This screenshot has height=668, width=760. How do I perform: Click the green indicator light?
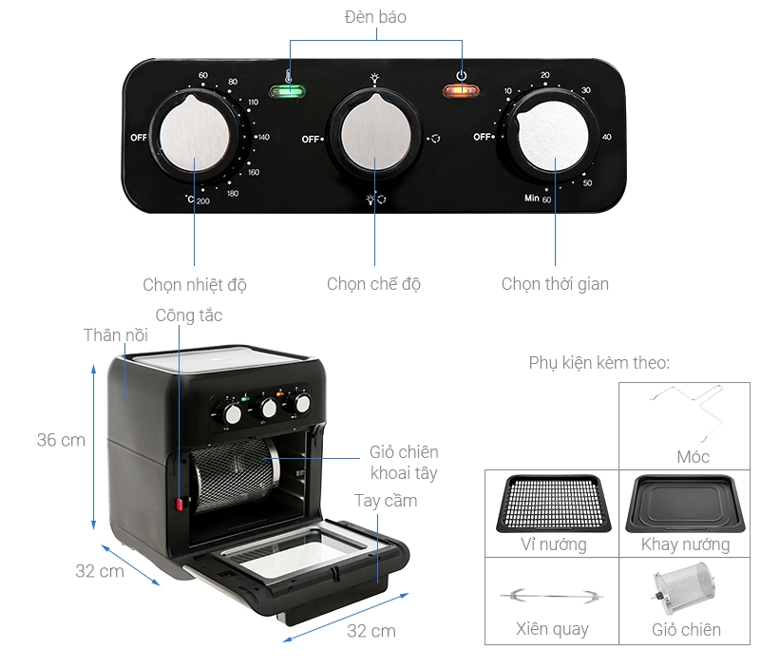coord(287,92)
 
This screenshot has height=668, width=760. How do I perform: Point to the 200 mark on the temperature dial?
coord(202,200)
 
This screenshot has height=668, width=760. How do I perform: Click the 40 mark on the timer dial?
coord(606,138)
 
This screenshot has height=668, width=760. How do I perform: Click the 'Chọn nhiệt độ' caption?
coord(195,284)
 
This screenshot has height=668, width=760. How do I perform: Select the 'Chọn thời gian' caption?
coord(555,283)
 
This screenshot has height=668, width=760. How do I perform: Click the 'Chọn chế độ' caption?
coord(373,283)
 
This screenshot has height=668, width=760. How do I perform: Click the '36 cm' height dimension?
coord(61,440)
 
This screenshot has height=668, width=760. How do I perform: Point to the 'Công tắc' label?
coord(189,315)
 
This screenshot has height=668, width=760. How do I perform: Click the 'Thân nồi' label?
coord(114,335)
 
